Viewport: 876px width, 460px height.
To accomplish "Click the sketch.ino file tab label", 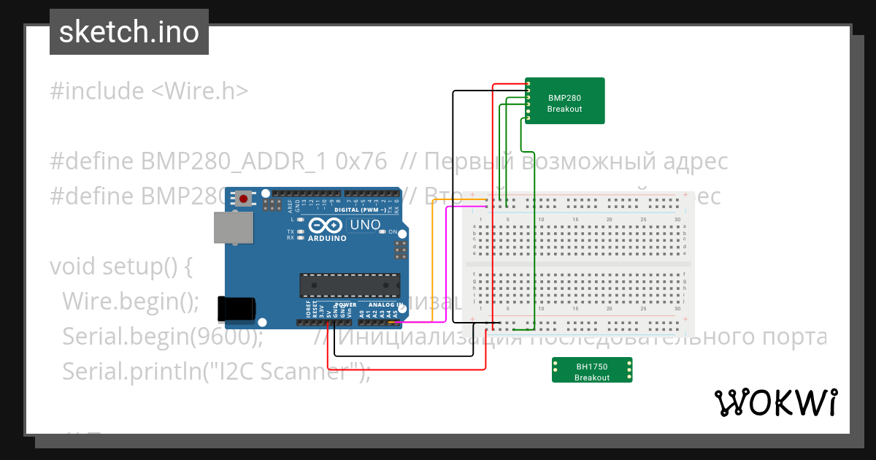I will click(128, 32).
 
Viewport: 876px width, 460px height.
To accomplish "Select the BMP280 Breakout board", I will click(565, 101).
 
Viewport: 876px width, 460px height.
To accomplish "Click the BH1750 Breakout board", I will click(592, 370).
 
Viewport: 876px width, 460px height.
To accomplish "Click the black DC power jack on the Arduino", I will click(237, 309).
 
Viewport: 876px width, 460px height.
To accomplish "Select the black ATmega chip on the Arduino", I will click(350, 284).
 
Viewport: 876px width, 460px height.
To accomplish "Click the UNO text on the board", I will click(365, 225).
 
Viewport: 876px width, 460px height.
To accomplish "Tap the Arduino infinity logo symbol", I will click(326, 226).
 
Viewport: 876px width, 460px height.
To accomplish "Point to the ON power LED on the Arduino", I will click(393, 232).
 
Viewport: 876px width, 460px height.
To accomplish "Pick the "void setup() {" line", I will click(120, 267).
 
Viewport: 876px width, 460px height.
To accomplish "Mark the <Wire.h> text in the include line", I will click(199, 91).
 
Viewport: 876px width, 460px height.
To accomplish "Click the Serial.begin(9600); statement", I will click(163, 337).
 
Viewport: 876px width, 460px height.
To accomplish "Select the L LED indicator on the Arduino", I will click(300, 219).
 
